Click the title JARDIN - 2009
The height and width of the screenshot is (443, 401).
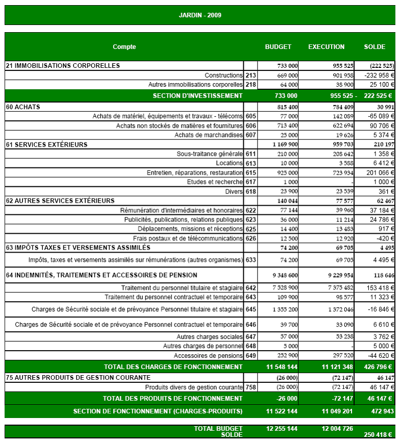(200, 15)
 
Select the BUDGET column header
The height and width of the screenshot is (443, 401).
(278, 47)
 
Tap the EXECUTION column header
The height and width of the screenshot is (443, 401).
(326, 47)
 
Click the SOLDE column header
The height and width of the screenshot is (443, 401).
(374, 47)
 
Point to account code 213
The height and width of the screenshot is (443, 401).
(250, 76)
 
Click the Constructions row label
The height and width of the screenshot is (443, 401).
(223, 76)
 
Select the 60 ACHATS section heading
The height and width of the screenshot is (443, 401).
(23, 107)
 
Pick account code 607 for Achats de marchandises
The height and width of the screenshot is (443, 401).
(250, 135)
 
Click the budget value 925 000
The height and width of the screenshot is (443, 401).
(287, 173)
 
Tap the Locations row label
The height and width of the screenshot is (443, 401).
(230, 163)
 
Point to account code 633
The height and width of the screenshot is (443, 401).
(250, 260)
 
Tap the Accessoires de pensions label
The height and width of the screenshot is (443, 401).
(208, 356)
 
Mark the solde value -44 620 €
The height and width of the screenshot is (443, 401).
(379, 356)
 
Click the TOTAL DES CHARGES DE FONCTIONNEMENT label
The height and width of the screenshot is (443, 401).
(173, 367)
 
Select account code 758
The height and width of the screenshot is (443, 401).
(250, 387)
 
